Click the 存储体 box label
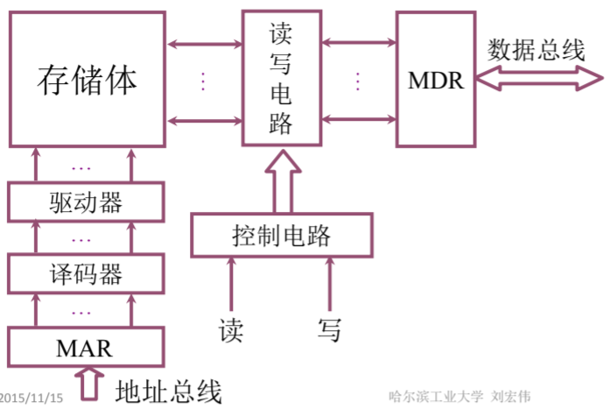[x=87, y=81]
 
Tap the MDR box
[x=435, y=81]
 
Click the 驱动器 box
[x=86, y=203]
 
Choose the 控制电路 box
[x=281, y=236]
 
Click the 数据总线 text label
[x=536, y=50]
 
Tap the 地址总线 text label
[x=169, y=390]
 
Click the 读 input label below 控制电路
[x=231, y=330]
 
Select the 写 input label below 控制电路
[x=329, y=330]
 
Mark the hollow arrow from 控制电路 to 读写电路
[x=280, y=181]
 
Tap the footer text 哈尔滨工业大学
[x=435, y=397]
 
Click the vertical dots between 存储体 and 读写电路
[x=203, y=81]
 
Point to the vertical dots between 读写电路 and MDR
[x=358, y=81]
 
